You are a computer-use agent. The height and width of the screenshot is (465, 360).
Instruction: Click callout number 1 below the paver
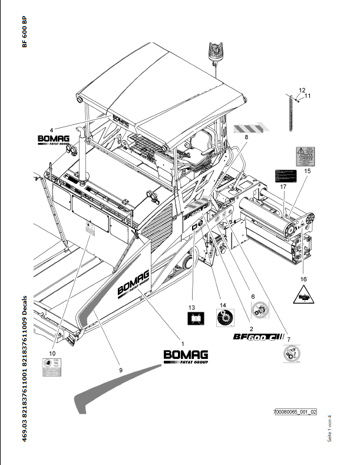pyautogui.click(x=182, y=343)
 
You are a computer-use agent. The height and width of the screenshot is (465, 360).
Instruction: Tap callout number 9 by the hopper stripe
pyautogui.click(x=121, y=370)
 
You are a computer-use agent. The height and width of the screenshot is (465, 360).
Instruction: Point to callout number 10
pyautogui.click(x=52, y=352)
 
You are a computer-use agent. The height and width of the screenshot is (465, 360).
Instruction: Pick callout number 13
pyautogui.click(x=191, y=308)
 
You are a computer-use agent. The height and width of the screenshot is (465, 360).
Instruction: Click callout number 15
pyautogui.click(x=307, y=171)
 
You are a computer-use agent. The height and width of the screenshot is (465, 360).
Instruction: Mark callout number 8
pyautogui.click(x=247, y=137)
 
